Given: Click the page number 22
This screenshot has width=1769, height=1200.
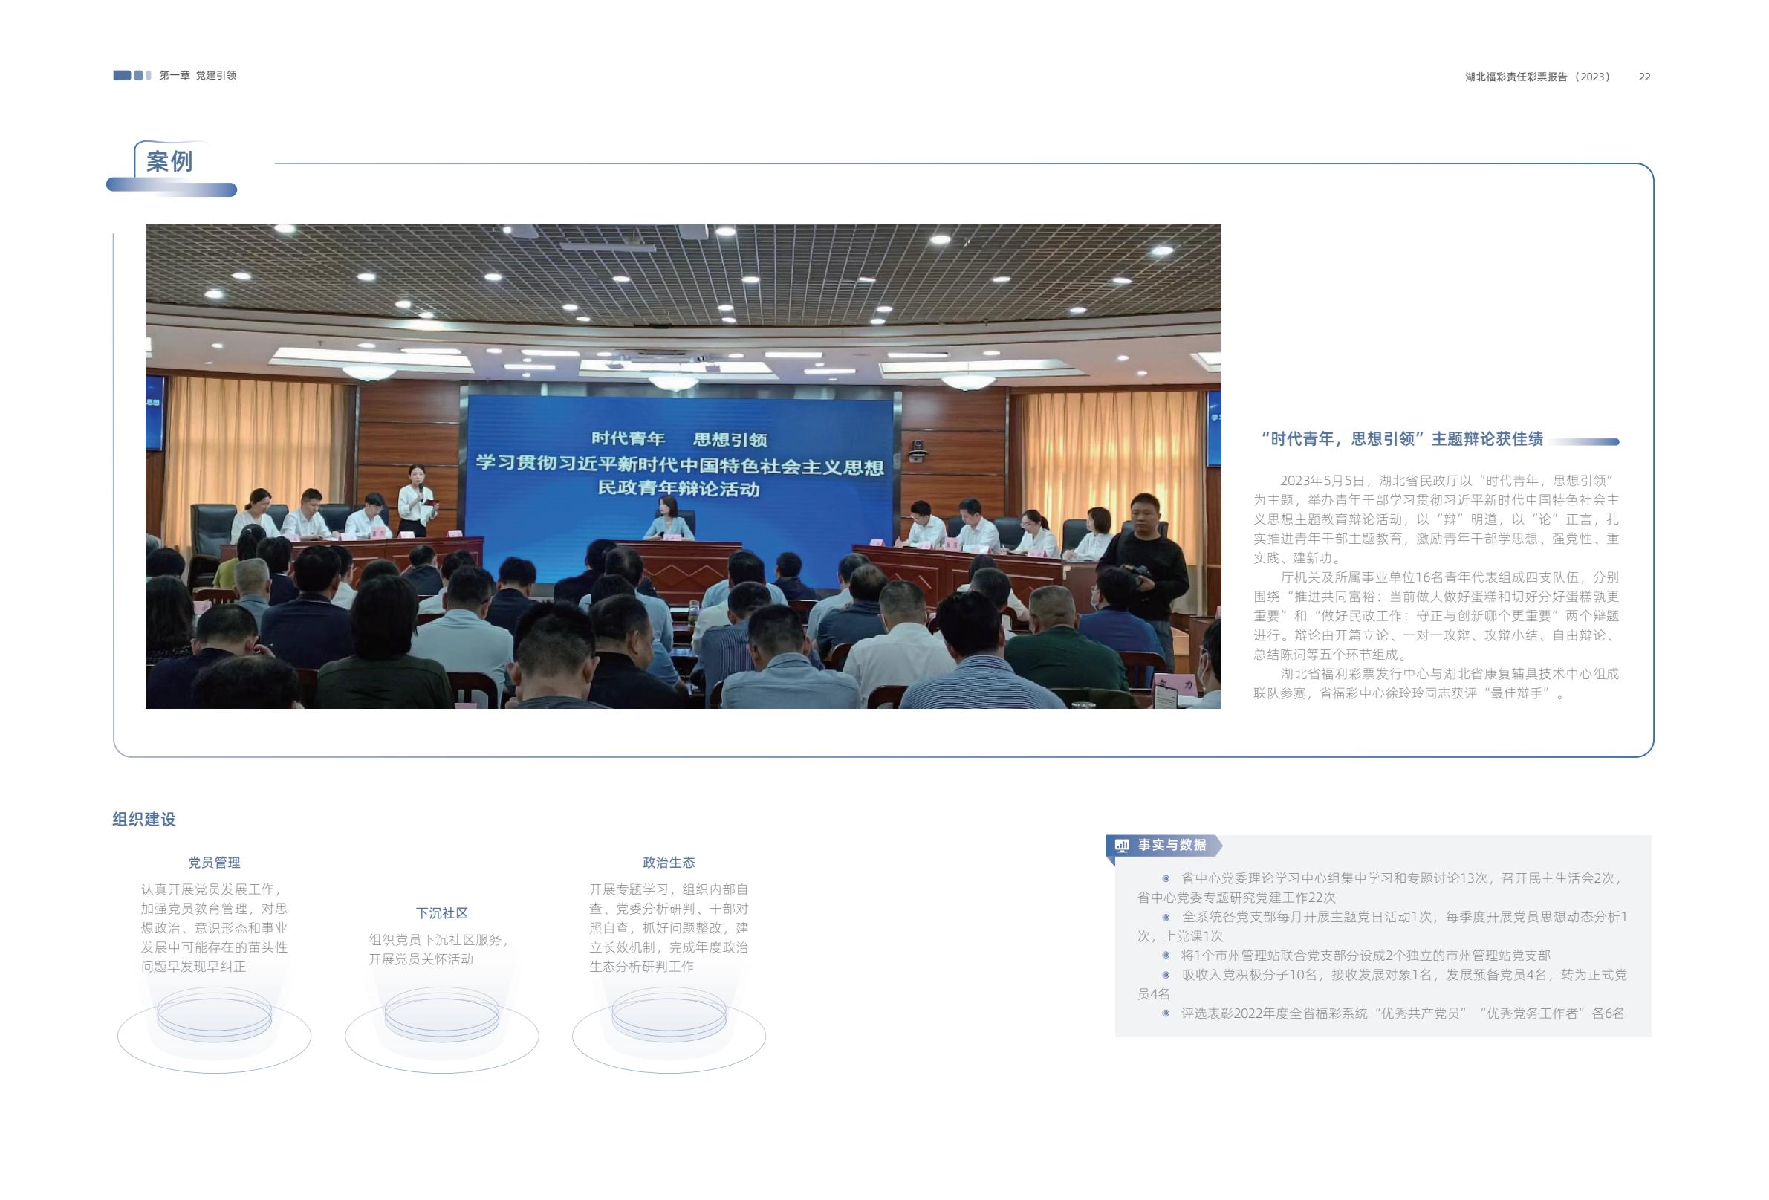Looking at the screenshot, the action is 1644,77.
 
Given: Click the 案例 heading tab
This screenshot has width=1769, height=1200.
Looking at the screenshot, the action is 169,161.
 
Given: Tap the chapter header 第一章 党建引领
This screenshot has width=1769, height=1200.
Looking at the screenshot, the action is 198,75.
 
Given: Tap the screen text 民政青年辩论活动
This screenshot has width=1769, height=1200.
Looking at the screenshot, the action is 678,488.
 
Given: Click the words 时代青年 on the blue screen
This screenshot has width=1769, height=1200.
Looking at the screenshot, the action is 628,438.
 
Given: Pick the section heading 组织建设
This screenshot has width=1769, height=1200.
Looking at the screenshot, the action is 144,820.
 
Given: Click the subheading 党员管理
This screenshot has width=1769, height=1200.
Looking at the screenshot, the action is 214,863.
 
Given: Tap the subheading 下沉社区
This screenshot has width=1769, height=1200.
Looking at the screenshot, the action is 441,913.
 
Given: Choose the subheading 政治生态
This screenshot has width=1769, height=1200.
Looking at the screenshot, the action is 669,863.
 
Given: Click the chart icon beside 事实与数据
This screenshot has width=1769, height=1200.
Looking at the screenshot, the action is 1122,845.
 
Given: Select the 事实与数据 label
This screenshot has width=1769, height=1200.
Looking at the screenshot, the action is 1172,845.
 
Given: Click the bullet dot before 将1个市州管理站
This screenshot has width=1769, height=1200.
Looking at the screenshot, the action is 1166,955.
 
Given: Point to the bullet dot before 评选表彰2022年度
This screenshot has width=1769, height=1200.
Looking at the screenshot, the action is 1166,1013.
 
